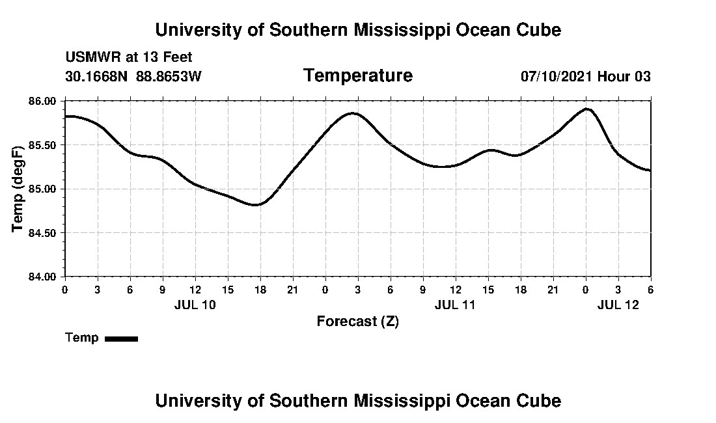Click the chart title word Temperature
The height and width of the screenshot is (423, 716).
357,75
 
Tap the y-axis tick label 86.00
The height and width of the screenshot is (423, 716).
42,102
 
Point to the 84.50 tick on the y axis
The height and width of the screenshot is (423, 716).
42,233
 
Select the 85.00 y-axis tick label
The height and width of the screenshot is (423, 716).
42,189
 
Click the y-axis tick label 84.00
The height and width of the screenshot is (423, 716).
42,277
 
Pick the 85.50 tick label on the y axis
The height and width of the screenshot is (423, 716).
42,145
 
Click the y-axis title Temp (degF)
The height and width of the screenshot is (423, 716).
18,189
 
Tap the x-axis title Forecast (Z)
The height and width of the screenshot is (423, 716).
357,321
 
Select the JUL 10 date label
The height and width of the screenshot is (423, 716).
195,305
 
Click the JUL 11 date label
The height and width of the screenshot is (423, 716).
455,305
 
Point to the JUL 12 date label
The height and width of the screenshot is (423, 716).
618,305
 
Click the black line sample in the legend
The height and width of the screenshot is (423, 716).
121,338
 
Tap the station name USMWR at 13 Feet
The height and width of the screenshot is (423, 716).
129,57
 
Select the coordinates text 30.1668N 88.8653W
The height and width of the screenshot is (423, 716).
133,76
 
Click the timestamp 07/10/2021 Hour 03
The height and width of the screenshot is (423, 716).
585,76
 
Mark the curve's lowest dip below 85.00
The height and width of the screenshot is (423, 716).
256,205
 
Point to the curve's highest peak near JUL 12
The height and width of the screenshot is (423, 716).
587,109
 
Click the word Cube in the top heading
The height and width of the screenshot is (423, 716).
540,30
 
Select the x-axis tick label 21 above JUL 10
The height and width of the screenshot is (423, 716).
292,290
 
